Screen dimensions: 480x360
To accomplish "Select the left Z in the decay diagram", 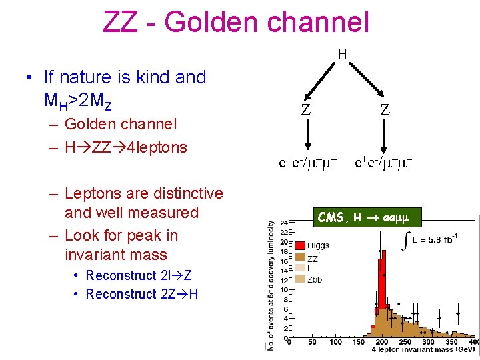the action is click(x=305, y=110).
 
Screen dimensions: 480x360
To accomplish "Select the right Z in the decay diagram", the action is click(x=385, y=110).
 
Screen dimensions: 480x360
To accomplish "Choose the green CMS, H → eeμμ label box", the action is click(x=361, y=217).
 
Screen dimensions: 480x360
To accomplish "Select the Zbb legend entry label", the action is click(x=315, y=279).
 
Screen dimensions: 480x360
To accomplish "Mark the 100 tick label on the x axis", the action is click(x=335, y=342).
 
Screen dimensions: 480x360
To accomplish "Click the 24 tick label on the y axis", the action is click(x=283, y=223).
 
